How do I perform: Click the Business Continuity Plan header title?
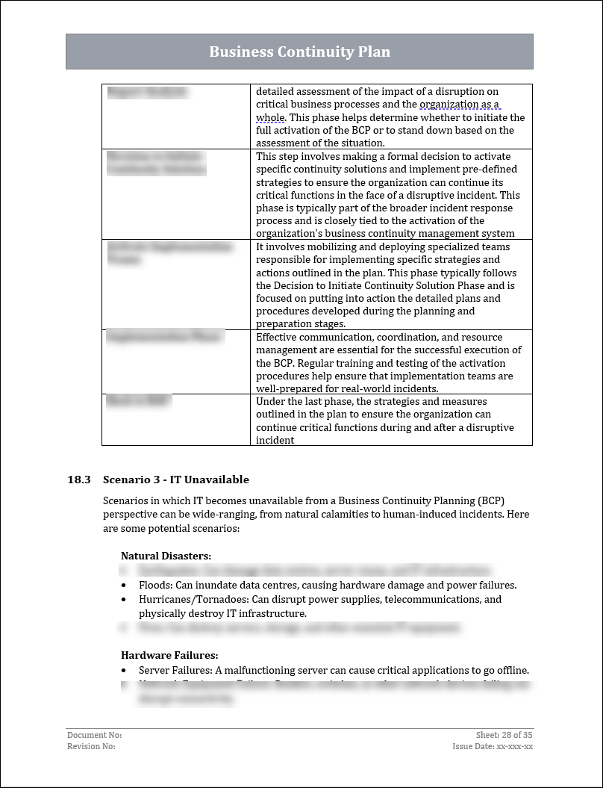(299, 52)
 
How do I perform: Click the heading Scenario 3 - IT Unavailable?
(176, 480)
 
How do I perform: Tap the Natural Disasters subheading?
(166, 556)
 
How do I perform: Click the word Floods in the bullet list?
(154, 585)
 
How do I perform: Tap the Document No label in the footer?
(94, 735)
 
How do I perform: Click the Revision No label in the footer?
(91, 746)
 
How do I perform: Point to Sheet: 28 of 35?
(504, 735)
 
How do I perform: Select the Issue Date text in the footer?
(493, 746)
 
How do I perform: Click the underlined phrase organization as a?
(460, 105)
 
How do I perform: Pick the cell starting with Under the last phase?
(390, 421)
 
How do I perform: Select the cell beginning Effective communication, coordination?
(390, 362)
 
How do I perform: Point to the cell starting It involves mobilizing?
(390, 285)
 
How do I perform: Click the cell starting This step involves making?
(390, 195)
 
